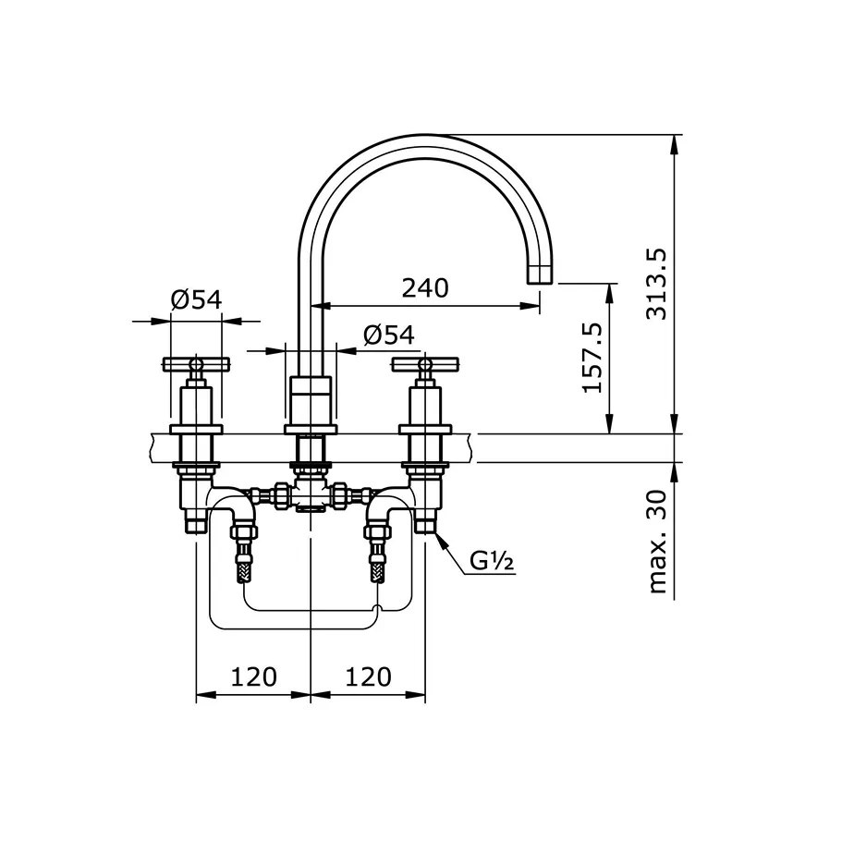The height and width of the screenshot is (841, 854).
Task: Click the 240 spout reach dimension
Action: [425, 287]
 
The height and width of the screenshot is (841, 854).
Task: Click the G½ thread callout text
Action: [492, 560]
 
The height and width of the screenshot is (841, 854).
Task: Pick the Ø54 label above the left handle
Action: [196, 299]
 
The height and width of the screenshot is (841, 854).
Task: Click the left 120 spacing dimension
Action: [253, 676]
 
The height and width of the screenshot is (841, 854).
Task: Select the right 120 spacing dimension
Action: [368, 676]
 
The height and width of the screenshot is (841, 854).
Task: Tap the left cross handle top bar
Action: [195, 363]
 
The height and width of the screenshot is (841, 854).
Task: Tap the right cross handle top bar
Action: [425, 363]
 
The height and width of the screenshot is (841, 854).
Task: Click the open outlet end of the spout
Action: [539, 275]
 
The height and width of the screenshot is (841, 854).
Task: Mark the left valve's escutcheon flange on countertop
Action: [195, 429]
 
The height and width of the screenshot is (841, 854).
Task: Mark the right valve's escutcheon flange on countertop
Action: [425, 429]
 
